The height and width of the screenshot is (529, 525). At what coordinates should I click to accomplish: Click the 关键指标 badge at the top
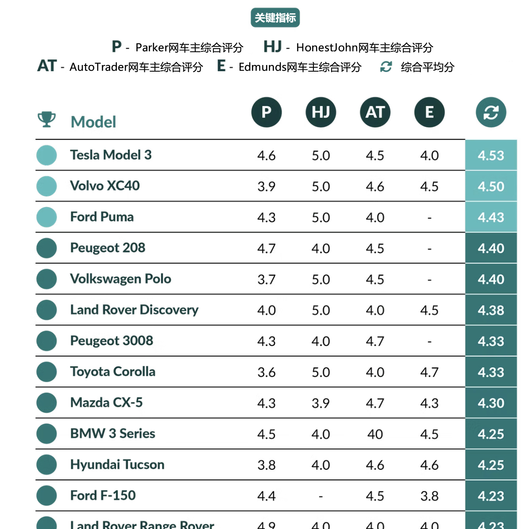pyautogui.click(x=275, y=18)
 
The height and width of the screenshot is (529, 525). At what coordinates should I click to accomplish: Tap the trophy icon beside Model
pyautogui.click(x=46, y=119)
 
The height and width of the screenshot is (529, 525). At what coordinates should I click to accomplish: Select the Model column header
pyautogui.click(x=93, y=122)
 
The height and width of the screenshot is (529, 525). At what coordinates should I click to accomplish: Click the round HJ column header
pyautogui.click(x=320, y=112)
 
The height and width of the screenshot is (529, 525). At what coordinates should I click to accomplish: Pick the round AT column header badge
pyautogui.click(x=375, y=112)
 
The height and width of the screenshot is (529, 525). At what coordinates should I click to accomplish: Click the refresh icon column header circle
pyautogui.click(x=491, y=112)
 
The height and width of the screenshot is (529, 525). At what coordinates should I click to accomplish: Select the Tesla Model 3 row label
pyautogui.click(x=111, y=155)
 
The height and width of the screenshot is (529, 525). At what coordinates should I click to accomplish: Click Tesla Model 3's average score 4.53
pyautogui.click(x=491, y=156)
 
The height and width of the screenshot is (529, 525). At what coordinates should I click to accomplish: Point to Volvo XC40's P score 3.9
pyautogui.click(x=266, y=187)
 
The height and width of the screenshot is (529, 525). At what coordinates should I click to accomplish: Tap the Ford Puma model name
pyautogui.click(x=102, y=217)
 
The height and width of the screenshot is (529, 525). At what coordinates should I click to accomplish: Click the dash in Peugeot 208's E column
pyautogui.click(x=429, y=249)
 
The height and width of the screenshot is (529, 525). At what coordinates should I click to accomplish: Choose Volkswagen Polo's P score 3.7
pyautogui.click(x=266, y=280)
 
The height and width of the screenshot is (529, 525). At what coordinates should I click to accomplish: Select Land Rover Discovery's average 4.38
pyautogui.click(x=491, y=310)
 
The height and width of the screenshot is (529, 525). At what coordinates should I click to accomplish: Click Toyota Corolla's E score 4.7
pyautogui.click(x=429, y=372)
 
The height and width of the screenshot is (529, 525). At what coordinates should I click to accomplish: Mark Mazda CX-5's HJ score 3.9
pyautogui.click(x=320, y=403)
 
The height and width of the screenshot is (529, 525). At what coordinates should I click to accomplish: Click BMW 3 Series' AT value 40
pyautogui.click(x=375, y=434)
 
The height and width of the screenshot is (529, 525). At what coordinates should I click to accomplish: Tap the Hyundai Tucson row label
pyautogui.click(x=117, y=464)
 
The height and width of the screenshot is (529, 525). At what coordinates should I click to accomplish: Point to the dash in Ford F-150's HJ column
pyautogui.click(x=320, y=497)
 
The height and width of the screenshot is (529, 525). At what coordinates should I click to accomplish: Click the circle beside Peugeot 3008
pyautogui.click(x=46, y=341)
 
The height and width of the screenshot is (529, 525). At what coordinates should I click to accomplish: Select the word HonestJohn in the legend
pyautogui.click(x=327, y=47)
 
